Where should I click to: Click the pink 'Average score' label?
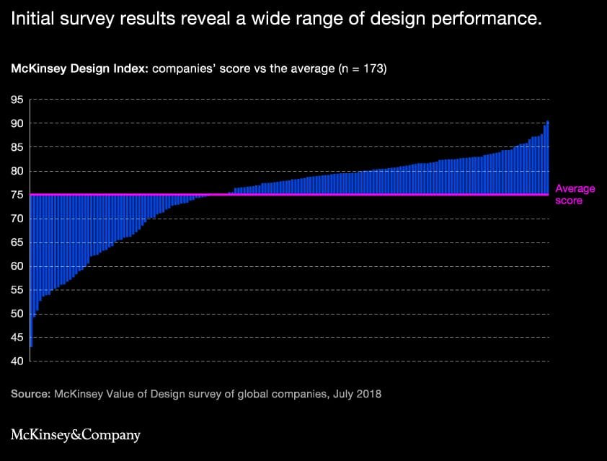575,195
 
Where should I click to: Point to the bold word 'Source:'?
31,395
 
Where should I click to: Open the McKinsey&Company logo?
76,434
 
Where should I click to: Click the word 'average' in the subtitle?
303,69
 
